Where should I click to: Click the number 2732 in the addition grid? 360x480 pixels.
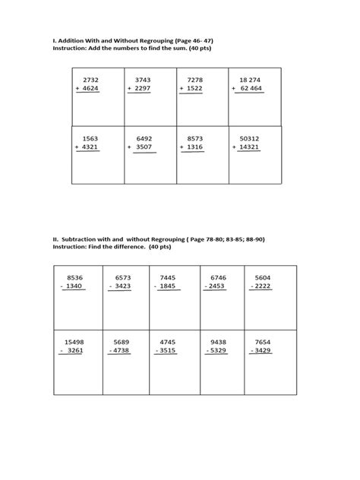pyautogui.click(x=91, y=79)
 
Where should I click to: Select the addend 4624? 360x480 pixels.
pyautogui.click(x=91, y=89)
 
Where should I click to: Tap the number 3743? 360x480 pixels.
pyautogui.click(x=143, y=79)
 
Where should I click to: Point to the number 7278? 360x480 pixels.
pyautogui.click(x=194, y=79)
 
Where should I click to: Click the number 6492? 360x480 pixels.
pyautogui.click(x=144, y=139)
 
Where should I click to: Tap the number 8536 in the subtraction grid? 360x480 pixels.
pyautogui.click(x=75, y=278)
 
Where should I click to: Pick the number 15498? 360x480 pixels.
pyautogui.click(x=74, y=343)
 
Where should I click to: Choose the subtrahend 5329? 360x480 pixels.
pyautogui.click(x=219, y=352)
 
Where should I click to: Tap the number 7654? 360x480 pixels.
pyautogui.click(x=262, y=343)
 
